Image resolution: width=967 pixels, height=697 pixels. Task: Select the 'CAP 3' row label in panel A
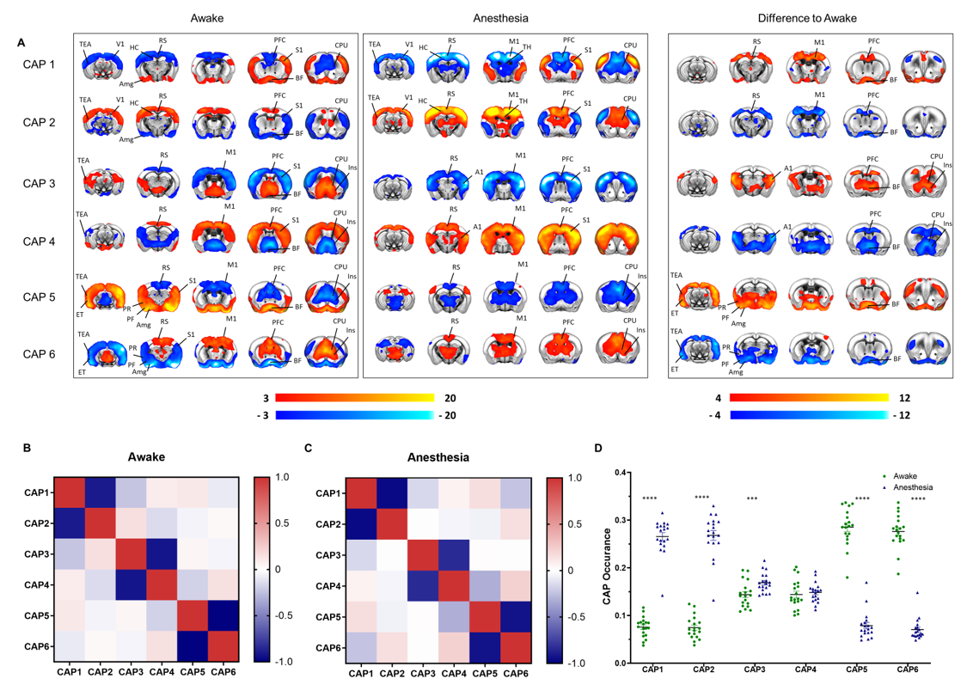coord(40,182)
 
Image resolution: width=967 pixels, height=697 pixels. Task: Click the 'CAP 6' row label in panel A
coord(40,354)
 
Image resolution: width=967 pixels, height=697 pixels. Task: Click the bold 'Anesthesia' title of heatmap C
coord(432,457)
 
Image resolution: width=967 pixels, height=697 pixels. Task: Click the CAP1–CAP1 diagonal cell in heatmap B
coord(73,494)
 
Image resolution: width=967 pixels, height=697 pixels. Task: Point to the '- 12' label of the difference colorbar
coord(902,416)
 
